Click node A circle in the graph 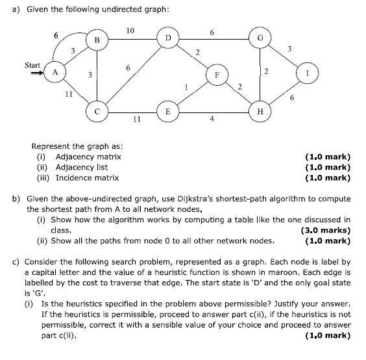(x=56, y=73)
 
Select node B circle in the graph (x=97, y=40)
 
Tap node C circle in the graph (x=97, y=110)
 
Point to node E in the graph (x=168, y=111)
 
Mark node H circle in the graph (x=260, y=111)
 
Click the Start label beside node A (x=32, y=64)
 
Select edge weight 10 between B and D (x=130, y=31)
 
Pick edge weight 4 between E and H (x=212, y=118)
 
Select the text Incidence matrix (x=87, y=177)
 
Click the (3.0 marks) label (x=326, y=230)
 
